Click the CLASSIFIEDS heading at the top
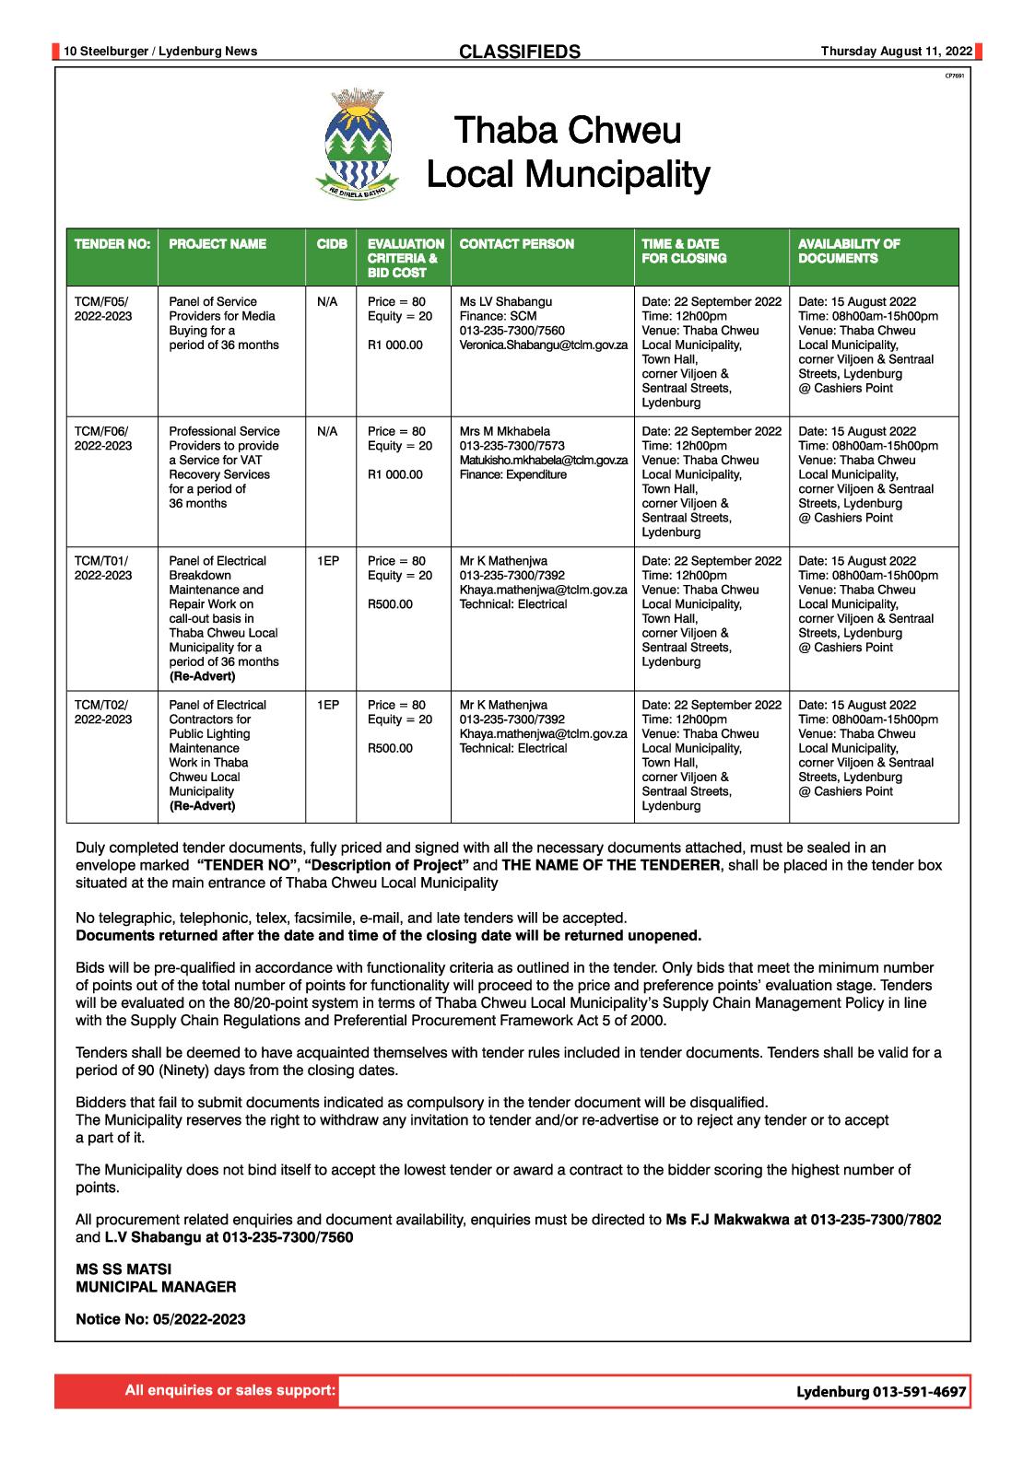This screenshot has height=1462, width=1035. pyautogui.click(x=520, y=52)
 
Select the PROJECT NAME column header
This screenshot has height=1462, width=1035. pyautogui.click(x=218, y=244)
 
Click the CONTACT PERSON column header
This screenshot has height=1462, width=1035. pyautogui.click(x=516, y=244)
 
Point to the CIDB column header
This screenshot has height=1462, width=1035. pyautogui.click(x=332, y=244)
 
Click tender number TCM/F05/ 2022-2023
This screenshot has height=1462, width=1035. pyautogui.click(x=103, y=309)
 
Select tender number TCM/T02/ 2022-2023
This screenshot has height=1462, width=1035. pyautogui.click(x=103, y=712)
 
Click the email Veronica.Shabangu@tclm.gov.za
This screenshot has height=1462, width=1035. pyautogui.click(x=543, y=345)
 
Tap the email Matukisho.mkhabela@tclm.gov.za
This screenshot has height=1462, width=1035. pyautogui.click(x=543, y=460)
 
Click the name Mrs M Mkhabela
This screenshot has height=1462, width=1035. pyautogui.click(x=504, y=431)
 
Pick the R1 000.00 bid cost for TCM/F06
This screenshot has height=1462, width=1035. pyautogui.click(x=394, y=474)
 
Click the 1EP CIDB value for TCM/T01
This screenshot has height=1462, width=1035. pyautogui.click(x=328, y=561)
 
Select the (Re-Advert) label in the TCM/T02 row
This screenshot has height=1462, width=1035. pyautogui.click(x=202, y=806)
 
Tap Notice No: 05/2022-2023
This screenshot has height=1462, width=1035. pyautogui.click(x=160, y=1319)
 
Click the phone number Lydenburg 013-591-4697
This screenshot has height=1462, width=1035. pyautogui.click(x=881, y=1392)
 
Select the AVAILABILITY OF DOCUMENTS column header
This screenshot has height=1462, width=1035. pyautogui.click(x=849, y=251)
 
